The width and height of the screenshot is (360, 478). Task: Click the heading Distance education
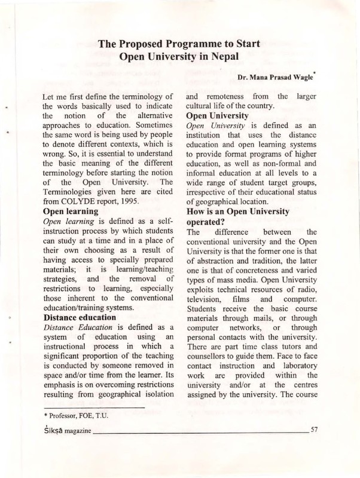pos(83,317)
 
